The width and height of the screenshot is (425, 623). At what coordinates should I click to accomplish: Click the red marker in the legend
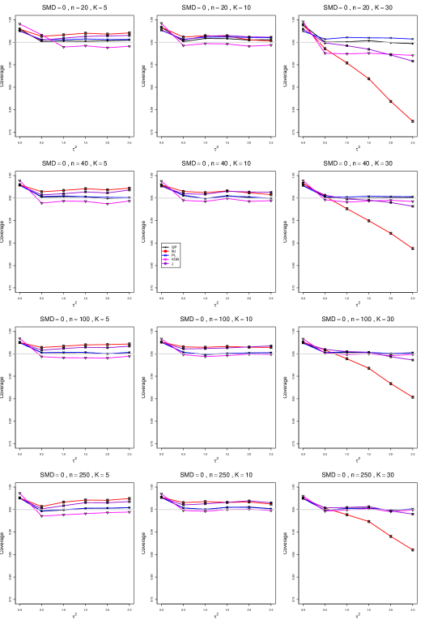tap(166, 251)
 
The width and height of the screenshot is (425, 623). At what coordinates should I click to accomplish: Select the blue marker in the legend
tap(166, 256)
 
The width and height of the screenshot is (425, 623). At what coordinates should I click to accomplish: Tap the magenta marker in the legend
tap(166, 260)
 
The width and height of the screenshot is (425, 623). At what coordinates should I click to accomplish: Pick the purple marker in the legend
tap(166, 264)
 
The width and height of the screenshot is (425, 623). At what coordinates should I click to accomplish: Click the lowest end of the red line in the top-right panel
tap(412, 121)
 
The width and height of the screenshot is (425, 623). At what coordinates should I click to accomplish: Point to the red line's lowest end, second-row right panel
tap(412, 248)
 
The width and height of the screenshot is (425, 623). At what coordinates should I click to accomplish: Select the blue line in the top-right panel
tap(372, 37)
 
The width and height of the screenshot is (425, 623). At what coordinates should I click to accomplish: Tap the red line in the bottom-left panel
tap(89, 500)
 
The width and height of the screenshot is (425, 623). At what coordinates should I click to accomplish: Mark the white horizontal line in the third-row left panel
tap(24, 354)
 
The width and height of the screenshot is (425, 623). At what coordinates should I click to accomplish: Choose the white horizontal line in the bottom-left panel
tap(24, 510)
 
